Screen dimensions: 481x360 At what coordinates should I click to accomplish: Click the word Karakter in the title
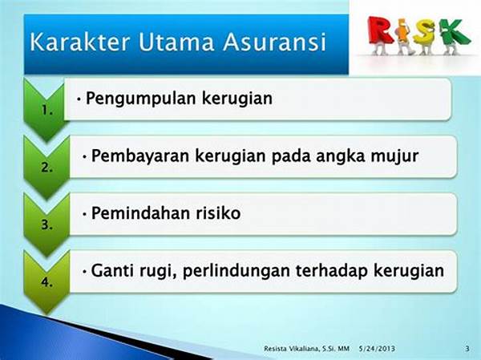(80, 42)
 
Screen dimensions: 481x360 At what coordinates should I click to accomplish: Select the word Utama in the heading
(176, 42)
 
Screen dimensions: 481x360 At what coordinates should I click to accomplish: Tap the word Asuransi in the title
(274, 42)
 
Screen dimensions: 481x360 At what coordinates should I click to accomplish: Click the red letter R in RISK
(381, 30)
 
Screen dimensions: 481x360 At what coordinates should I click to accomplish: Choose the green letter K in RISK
(454, 31)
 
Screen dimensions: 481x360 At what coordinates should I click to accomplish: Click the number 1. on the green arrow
(47, 110)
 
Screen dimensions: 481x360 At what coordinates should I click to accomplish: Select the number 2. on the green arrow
(47, 168)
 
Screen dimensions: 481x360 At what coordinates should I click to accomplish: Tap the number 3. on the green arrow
(47, 225)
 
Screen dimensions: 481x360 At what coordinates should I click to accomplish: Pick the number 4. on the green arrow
(47, 282)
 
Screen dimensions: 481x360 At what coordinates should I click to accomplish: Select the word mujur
(394, 156)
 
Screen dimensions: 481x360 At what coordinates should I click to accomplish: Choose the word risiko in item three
(218, 213)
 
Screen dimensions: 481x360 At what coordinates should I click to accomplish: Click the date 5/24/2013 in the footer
(377, 349)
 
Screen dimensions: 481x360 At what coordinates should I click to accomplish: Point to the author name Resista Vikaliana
(293, 349)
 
